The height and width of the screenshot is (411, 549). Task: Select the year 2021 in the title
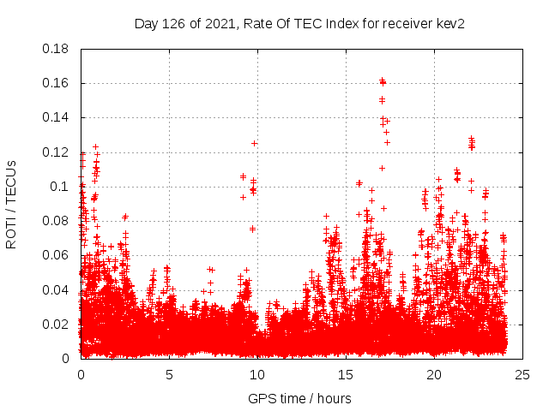(220, 23)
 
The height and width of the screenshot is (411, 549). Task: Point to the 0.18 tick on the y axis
(57, 49)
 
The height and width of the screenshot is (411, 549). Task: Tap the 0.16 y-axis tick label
(57, 83)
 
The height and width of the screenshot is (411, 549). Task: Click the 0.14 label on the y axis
(57, 117)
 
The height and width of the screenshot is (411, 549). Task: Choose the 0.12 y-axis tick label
(57, 152)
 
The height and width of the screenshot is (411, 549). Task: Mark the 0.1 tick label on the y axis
(61, 187)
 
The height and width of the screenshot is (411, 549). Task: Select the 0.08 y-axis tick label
(57, 221)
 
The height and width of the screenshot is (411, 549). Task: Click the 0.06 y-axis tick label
(57, 255)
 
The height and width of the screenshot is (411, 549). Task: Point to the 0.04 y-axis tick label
(57, 289)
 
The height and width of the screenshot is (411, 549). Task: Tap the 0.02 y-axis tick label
(57, 324)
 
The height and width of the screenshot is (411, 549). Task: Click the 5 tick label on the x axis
(169, 374)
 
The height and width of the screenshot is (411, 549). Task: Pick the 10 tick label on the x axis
(257, 374)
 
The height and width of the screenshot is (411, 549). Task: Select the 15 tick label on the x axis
(346, 374)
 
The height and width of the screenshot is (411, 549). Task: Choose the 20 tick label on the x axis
(434, 374)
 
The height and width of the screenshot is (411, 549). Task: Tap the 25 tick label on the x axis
(522, 374)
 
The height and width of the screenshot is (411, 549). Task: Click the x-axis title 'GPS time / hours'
(300, 398)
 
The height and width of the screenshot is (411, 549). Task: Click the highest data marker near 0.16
(382, 80)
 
